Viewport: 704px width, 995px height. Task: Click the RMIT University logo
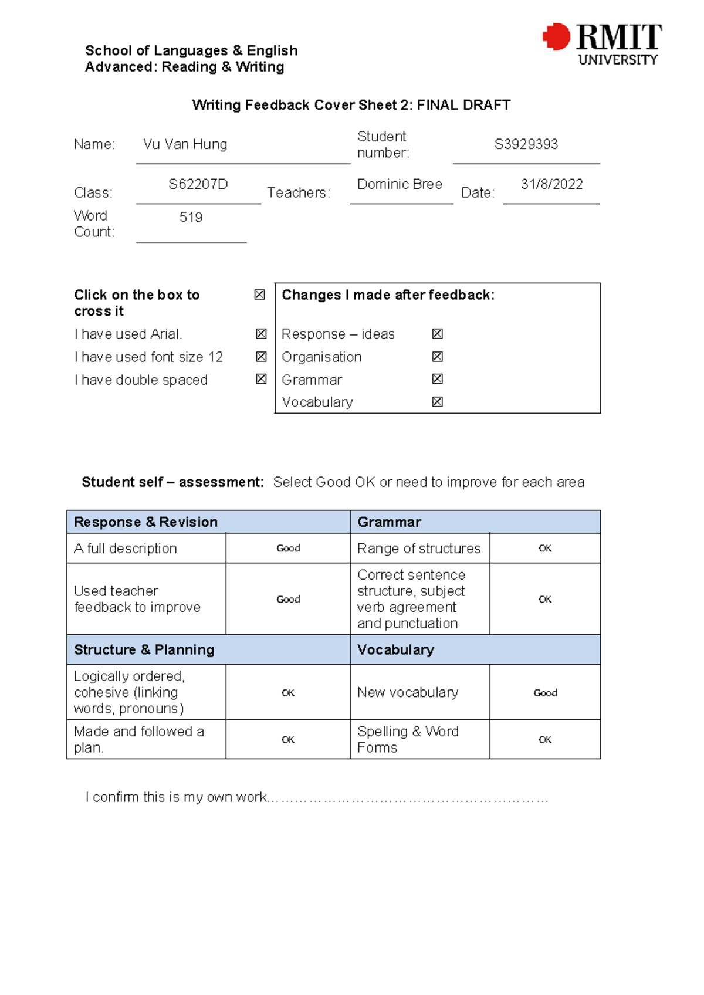click(x=603, y=44)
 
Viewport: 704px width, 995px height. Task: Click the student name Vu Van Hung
click(x=185, y=144)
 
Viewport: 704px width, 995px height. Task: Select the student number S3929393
click(x=526, y=144)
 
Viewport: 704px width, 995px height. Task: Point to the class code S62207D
click(x=198, y=184)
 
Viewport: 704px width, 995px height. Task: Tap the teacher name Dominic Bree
click(x=400, y=184)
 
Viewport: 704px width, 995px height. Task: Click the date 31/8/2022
click(x=551, y=184)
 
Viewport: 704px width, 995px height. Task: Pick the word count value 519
click(x=191, y=218)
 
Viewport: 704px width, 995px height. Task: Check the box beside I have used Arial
click(x=261, y=334)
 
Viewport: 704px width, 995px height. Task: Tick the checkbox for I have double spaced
click(x=261, y=379)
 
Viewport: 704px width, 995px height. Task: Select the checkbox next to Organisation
click(x=437, y=357)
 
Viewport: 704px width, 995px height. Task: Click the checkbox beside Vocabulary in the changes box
click(x=437, y=402)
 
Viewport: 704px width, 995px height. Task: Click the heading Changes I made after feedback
click(x=388, y=295)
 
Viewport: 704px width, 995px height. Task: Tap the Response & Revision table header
click(x=145, y=522)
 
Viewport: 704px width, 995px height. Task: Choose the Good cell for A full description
click(x=288, y=549)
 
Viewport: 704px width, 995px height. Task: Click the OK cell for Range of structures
click(x=545, y=549)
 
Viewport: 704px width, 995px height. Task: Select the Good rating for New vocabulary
click(x=545, y=693)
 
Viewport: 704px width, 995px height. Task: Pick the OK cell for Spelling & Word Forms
click(x=545, y=740)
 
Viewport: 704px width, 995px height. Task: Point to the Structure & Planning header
click(x=144, y=650)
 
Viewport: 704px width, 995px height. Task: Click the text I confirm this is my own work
click(x=177, y=797)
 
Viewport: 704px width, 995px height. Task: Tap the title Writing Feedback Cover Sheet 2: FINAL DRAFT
click(x=351, y=105)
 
